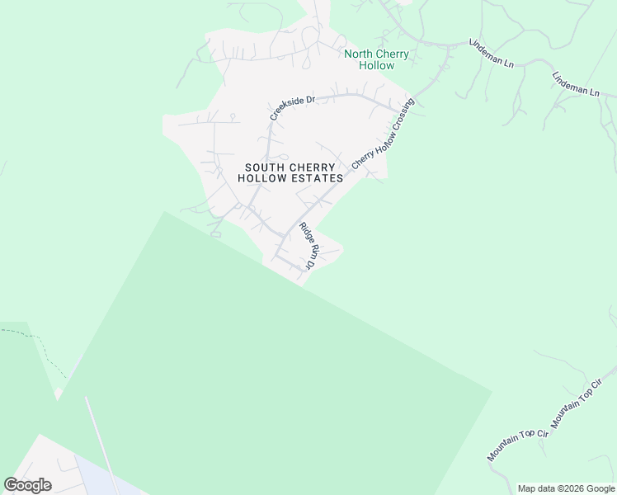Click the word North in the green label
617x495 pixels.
click(359, 54)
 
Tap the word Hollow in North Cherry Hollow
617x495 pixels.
click(375, 65)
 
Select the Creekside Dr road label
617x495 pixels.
click(293, 108)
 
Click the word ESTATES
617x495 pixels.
click(316, 178)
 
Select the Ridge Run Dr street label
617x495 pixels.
click(307, 246)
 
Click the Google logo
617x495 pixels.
click(28, 485)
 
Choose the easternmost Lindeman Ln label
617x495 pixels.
click(576, 84)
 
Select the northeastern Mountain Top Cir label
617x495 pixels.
click(572, 408)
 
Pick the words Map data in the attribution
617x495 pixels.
click(535, 488)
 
